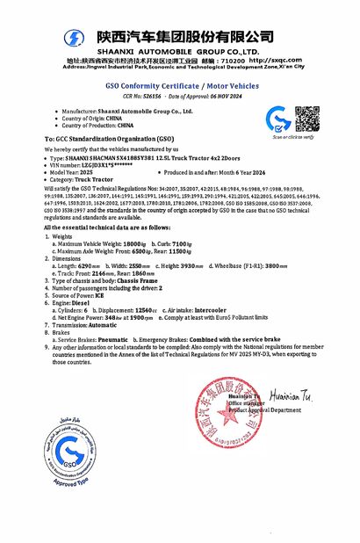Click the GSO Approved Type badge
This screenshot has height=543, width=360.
click(x=65, y=452)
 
